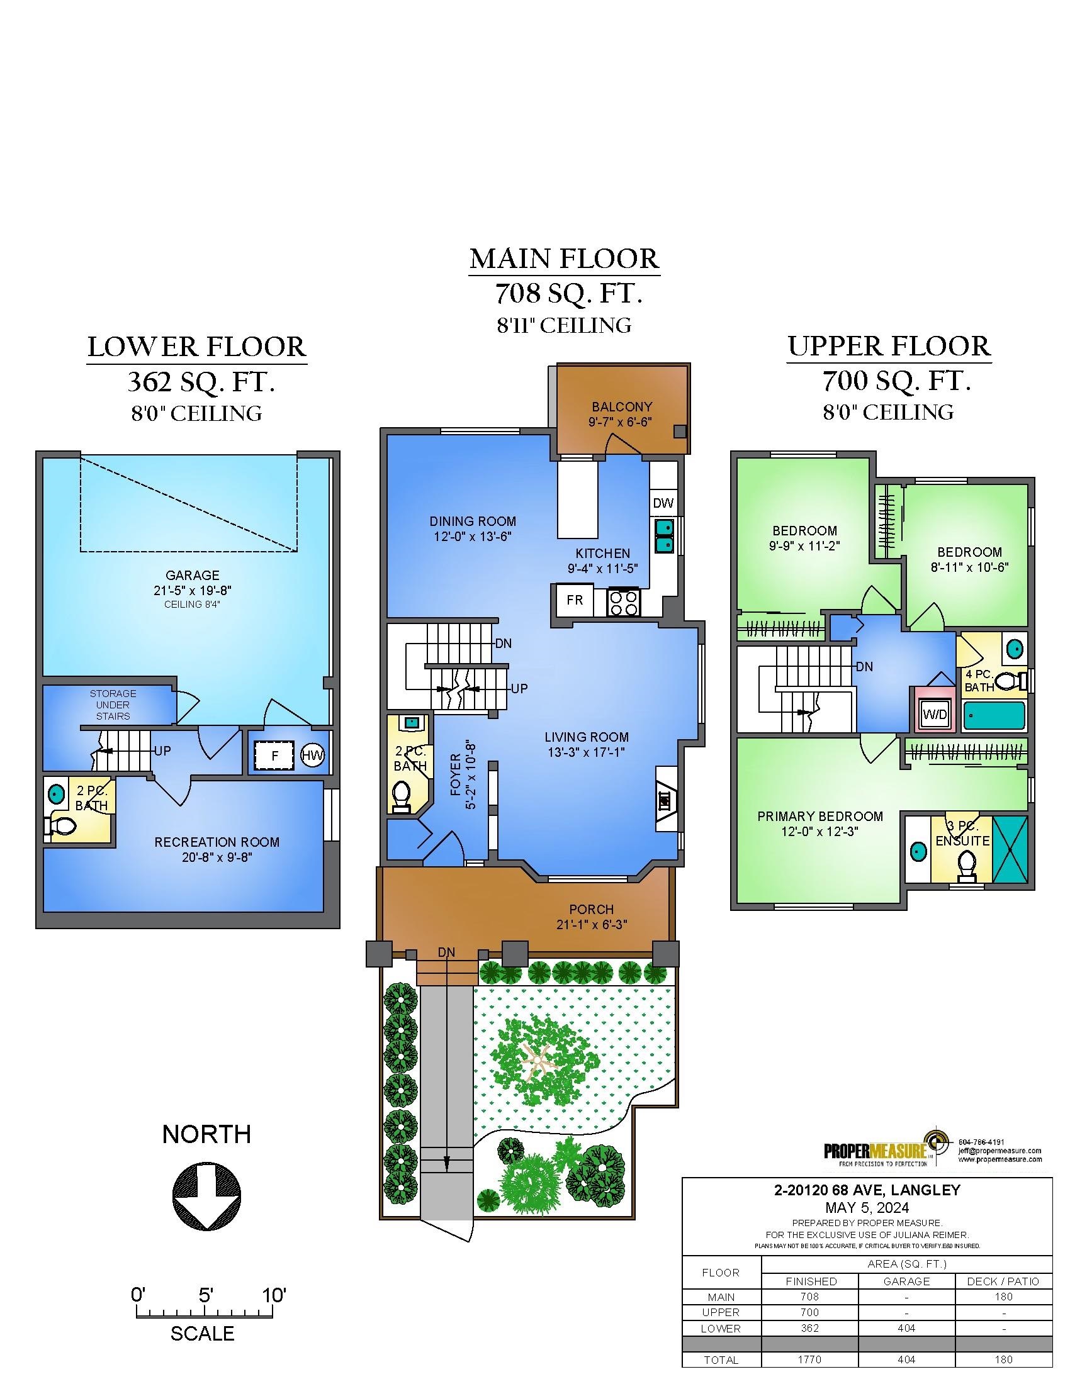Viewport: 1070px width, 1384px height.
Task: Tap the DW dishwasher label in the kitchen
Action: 663,503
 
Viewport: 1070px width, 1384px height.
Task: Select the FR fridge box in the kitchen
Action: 575,600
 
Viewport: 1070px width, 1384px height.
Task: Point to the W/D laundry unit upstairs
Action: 935,714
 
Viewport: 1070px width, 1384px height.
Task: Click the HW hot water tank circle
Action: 312,756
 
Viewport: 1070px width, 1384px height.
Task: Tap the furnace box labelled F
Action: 274,756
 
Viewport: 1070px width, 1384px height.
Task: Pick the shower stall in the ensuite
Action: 1010,850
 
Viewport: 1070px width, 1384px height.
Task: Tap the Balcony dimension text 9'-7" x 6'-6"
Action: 620,422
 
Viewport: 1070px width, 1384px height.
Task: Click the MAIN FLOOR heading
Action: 564,259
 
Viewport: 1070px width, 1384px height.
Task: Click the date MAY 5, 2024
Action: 867,1207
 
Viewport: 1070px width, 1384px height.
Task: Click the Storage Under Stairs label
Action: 113,705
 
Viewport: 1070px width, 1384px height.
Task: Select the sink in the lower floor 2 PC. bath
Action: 57,792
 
